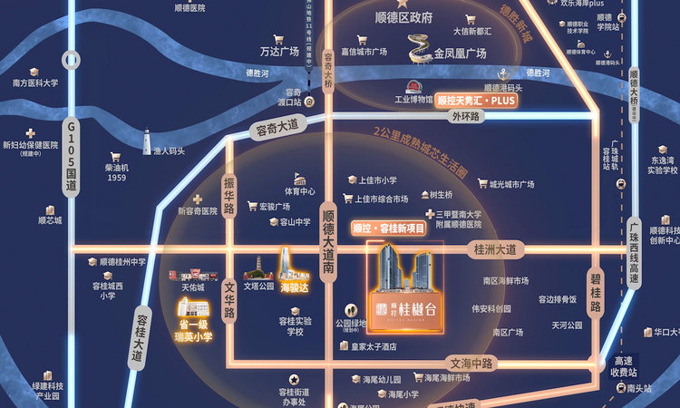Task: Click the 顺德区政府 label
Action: [x=403, y=17]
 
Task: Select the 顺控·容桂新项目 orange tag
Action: [x=388, y=229]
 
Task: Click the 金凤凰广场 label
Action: [x=460, y=53]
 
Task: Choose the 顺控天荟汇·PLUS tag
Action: [x=475, y=101]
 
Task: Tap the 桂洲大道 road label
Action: [x=493, y=248]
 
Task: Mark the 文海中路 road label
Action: [x=469, y=363]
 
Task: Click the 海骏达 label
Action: [x=293, y=287]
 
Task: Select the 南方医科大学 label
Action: [x=36, y=83]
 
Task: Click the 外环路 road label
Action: [x=464, y=117]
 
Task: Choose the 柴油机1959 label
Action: [x=117, y=172]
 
